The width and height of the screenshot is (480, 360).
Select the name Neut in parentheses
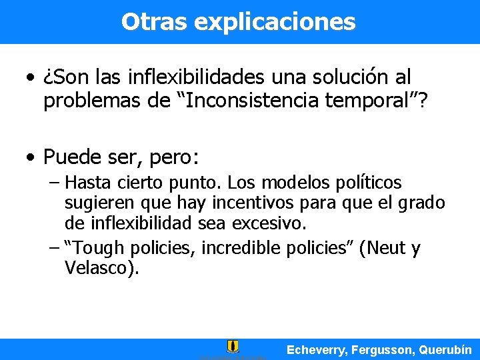click(x=381, y=249)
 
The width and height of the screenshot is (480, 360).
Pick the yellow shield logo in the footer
click(x=233, y=346)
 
